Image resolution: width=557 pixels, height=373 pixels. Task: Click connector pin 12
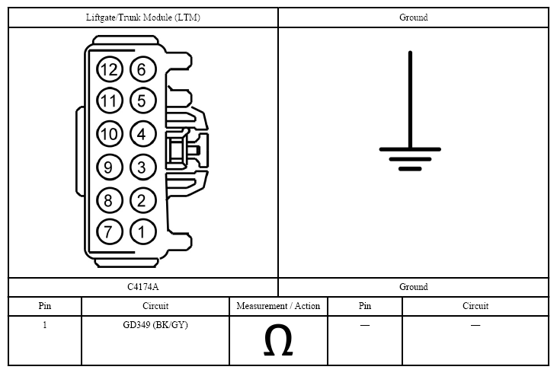110,69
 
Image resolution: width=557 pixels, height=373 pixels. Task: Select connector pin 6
142,69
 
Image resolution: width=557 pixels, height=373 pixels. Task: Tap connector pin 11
110,100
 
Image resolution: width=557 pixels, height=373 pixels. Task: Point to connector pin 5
142,100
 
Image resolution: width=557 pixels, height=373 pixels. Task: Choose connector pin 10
110,134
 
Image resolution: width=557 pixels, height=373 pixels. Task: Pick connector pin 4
142,134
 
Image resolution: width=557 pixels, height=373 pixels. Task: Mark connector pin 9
110,167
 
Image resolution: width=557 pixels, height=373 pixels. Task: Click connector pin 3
142,167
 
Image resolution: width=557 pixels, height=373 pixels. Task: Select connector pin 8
110,200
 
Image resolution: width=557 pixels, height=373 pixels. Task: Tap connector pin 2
142,200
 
